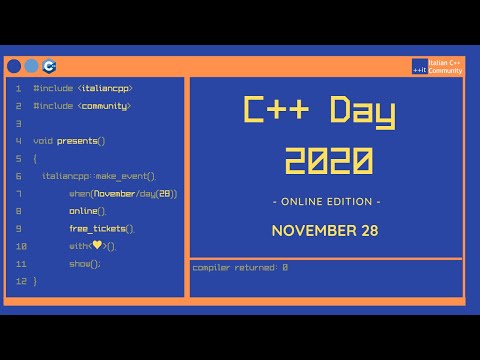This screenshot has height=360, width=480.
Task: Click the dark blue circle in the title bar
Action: coord(14,66)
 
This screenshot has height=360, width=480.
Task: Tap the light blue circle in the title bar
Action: coord(32,66)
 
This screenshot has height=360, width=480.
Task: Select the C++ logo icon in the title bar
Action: coord(50,66)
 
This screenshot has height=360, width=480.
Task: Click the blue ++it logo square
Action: coord(419,66)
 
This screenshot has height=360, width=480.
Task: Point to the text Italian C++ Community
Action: coord(446,66)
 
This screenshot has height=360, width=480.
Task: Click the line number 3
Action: coord(18,123)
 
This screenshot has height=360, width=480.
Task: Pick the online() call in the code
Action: coord(87,211)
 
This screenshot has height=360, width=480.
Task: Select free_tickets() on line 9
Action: coord(101,229)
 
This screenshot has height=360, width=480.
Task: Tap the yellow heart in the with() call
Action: coord(97,246)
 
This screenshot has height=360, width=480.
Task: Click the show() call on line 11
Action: coord(85,264)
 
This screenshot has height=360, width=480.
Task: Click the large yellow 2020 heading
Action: coord(327,159)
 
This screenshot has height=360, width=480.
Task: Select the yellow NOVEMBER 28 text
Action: coord(326,231)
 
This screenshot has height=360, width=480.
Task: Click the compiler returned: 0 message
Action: coord(240,267)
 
